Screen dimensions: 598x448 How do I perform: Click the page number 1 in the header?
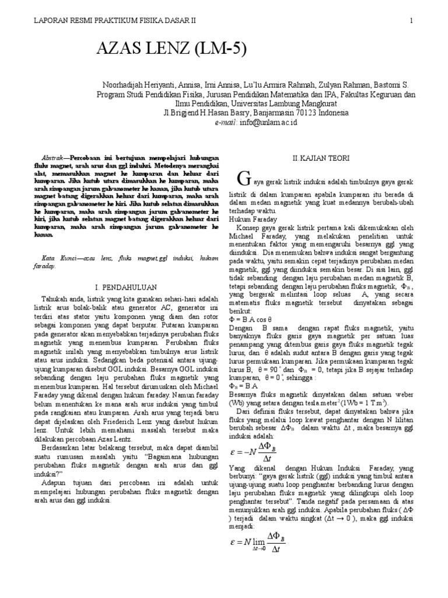point(411,20)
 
